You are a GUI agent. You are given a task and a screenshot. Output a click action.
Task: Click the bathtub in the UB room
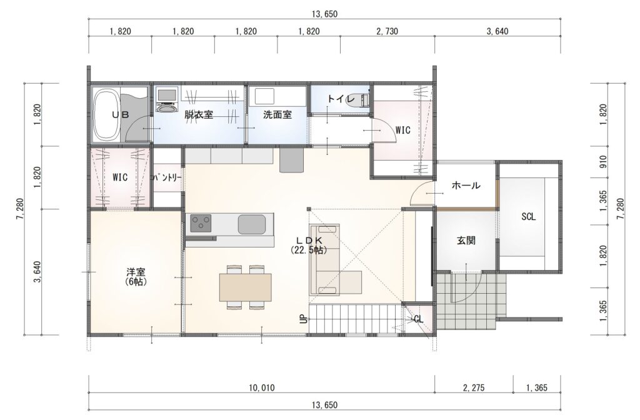click(106, 115)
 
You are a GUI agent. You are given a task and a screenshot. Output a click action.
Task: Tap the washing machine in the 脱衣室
click(166, 100)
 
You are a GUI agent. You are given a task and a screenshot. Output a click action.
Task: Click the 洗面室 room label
click(277, 115)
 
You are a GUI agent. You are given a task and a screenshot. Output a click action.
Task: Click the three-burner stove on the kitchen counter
click(201, 223)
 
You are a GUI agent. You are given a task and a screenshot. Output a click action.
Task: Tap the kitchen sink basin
click(252, 224)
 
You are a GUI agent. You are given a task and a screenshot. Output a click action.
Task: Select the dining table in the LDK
click(245, 287)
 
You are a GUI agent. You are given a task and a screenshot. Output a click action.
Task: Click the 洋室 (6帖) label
click(136, 276)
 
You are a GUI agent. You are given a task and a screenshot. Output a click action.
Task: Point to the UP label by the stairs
click(303, 319)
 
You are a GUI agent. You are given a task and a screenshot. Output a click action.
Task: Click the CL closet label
click(418, 319)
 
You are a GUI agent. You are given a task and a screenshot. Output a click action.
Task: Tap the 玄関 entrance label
click(466, 241)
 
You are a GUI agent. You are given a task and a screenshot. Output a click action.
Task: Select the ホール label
click(466, 186)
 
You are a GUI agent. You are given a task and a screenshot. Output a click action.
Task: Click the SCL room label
click(528, 217)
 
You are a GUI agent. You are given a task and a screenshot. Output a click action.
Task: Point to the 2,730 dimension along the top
click(387, 31)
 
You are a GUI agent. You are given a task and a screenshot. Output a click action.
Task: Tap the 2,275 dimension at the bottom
click(474, 387)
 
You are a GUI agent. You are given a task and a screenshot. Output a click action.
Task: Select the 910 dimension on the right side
click(603, 161)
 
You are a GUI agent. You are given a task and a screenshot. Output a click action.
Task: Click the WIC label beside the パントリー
click(120, 177)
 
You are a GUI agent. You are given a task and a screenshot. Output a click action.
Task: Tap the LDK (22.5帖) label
click(309, 245)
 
